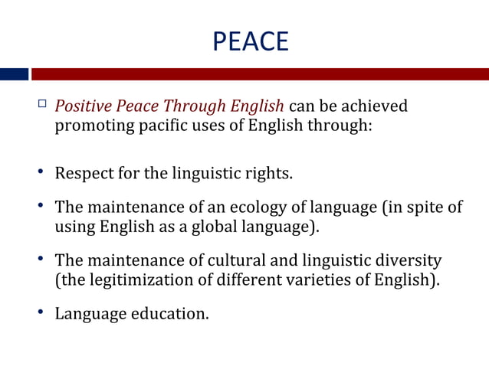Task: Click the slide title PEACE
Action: [x=250, y=41]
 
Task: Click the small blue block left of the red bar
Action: [x=14, y=74]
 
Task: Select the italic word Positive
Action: [x=80, y=105]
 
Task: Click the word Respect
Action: [x=84, y=173]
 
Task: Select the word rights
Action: [x=271, y=173]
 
